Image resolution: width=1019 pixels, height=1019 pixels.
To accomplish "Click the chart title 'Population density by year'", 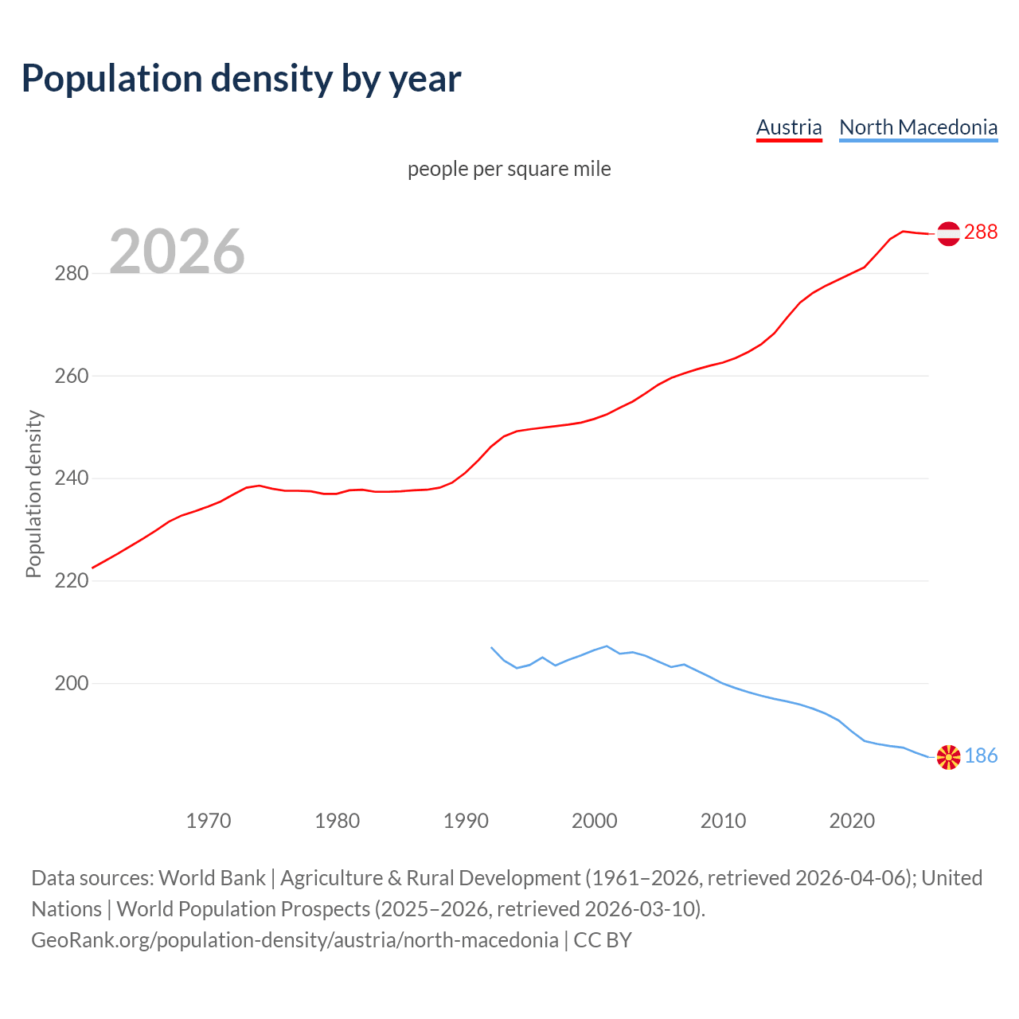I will [x=241, y=79].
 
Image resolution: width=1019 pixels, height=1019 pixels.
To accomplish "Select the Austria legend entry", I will [x=788, y=127].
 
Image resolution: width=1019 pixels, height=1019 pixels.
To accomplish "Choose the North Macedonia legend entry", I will [x=918, y=127].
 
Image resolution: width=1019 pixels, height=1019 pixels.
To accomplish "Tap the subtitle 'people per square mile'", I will [x=509, y=169].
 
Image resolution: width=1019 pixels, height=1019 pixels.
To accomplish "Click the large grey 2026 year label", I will [x=177, y=251].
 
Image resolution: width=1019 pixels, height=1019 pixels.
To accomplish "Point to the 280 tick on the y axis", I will [x=71, y=273].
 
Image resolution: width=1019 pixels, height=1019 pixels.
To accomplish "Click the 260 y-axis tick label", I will [x=71, y=376].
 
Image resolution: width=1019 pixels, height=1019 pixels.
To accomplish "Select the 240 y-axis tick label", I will [x=71, y=478].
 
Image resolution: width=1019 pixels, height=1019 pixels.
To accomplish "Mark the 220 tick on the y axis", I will [x=71, y=581].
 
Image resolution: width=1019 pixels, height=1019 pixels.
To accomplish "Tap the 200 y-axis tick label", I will [x=71, y=683].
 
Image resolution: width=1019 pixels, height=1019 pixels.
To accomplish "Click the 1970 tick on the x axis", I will [x=209, y=820].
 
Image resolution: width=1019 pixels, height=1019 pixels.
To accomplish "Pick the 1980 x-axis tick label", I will [x=337, y=820].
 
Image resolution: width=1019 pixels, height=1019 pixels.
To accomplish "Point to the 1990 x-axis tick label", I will [x=466, y=820].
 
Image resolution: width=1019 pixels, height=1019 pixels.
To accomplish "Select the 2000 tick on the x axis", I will [x=595, y=820].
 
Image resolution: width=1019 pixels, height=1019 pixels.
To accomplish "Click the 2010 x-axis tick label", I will [x=723, y=820].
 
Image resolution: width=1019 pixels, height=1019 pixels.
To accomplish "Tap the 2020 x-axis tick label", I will [x=852, y=820].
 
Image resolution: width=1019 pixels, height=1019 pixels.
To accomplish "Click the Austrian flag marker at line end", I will [x=948, y=233].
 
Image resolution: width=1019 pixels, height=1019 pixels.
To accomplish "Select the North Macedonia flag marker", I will [x=948, y=757].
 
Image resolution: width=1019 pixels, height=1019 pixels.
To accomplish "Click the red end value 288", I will [x=981, y=232].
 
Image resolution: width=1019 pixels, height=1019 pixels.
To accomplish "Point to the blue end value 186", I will [x=981, y=755].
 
